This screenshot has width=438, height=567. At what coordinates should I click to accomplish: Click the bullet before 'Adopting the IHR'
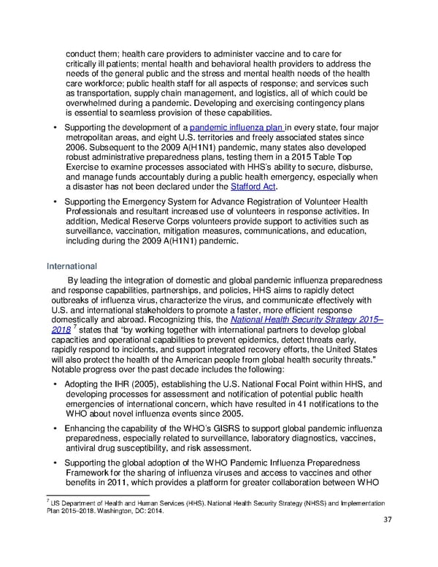(56, 384)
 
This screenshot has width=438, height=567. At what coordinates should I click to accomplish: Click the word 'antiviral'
(82, 448)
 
